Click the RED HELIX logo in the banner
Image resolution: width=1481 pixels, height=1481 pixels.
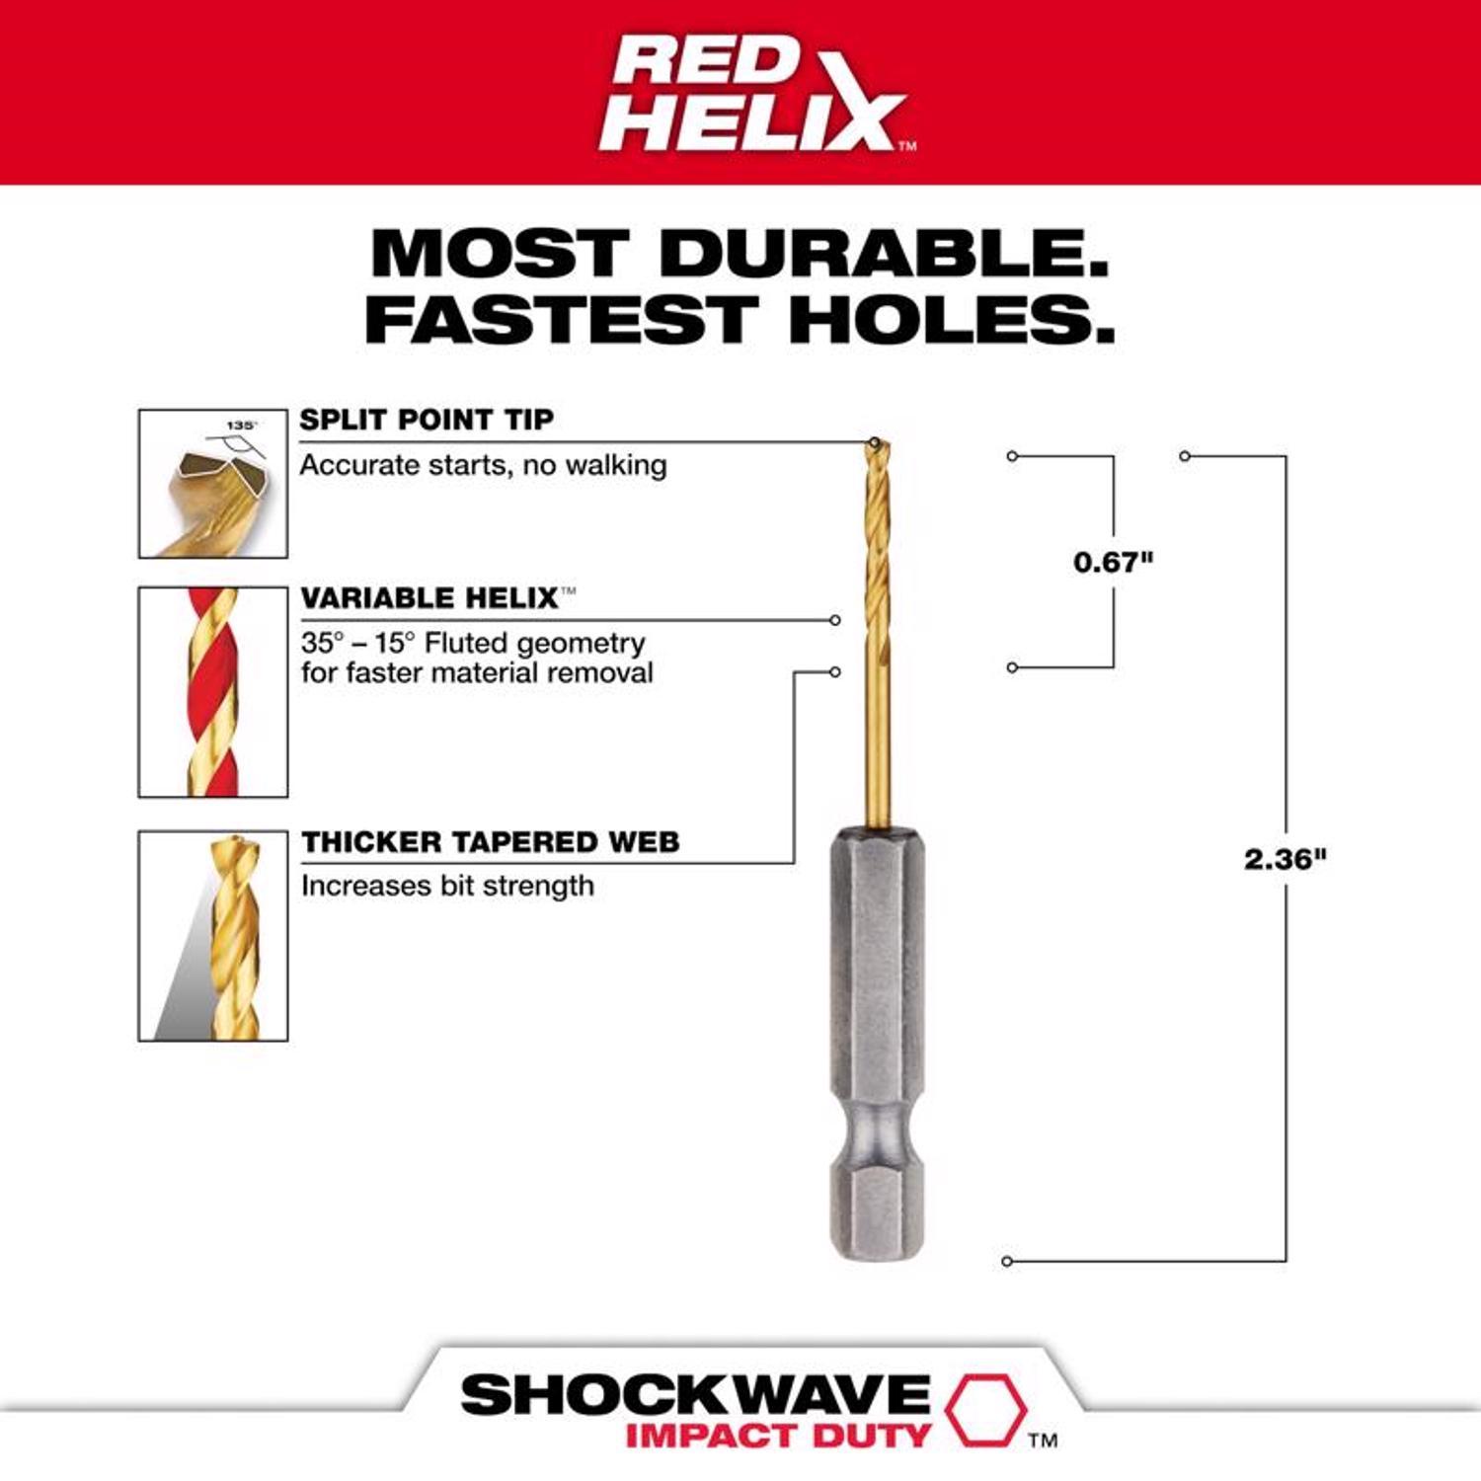click(x=755, y=94)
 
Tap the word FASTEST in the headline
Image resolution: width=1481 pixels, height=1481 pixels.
click(x=561, y=320)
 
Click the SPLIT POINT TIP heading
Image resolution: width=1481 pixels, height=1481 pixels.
click(x=427, y=420)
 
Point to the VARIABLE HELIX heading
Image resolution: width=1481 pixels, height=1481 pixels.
click(x=430, y=598)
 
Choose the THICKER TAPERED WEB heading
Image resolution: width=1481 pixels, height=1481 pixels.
click(x=491, y=842)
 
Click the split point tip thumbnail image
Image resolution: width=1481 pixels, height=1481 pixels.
click(x=213, y=484)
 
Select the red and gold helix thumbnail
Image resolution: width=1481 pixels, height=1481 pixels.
click(x=213, y=692)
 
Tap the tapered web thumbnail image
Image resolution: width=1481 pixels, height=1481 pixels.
click(x=213, y=936)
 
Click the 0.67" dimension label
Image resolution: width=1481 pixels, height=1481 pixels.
click(x=1113, y=563)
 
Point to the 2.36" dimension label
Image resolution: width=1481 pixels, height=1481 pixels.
click(x=1285, y=860)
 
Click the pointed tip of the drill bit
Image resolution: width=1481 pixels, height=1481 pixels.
click(x=876, y=443)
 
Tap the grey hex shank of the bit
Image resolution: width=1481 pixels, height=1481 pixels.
click(x=877, y=968)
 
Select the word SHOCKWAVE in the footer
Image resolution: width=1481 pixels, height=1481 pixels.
click(x=695, y=1396)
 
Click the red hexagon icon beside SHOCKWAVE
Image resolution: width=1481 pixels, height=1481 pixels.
click(x=985, y=1410)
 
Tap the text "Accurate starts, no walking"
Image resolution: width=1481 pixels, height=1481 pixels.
click(x=483, y=465)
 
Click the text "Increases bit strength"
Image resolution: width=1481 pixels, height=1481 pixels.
click(x=447, y=886)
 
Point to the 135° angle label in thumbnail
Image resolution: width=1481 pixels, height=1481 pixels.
click(x=241, y=426)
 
